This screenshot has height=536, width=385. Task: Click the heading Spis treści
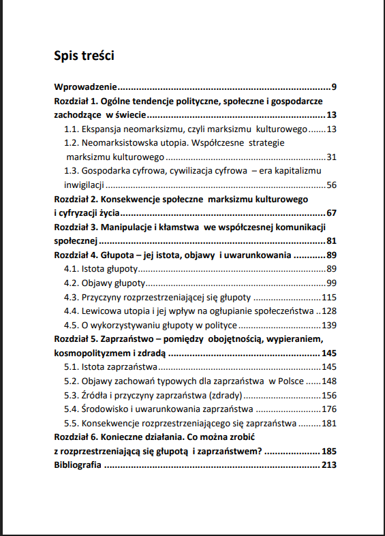point(84,56)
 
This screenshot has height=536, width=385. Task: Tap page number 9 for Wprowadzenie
point(335,87)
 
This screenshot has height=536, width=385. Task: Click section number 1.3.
point(71,171)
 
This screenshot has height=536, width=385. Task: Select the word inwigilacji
point(84,185)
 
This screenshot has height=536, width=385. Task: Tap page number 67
point(332,213)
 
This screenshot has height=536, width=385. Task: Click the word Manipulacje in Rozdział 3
point(129,227)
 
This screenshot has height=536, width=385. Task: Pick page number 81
point(332,241)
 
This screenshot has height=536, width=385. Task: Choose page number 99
point(332,283)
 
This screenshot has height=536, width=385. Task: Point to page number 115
point(330,298)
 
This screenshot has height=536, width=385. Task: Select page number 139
point(330,326)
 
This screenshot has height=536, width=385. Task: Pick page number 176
point(330,409)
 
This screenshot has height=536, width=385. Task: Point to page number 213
point(329,465)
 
